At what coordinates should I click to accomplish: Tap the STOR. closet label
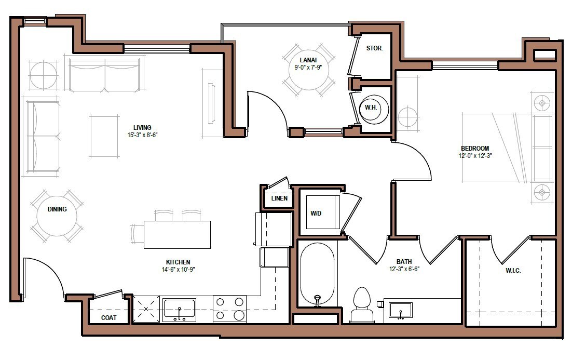(x=374, y=48)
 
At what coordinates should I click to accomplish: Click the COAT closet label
(x=108, y=317)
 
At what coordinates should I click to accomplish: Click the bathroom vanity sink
(x=401, y=310)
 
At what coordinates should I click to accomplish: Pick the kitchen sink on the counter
(x=179, y=310)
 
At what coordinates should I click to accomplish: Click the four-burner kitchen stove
(x=229, y=309)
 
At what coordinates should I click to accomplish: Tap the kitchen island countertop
(x=177, y=235)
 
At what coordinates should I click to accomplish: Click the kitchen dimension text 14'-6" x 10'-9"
(x=178, y=270)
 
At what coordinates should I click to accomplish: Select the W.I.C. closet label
(x=513, y=271)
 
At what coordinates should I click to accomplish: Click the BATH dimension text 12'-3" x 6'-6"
(x=404, y=270)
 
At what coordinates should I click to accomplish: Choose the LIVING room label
(x=142, y=127)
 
